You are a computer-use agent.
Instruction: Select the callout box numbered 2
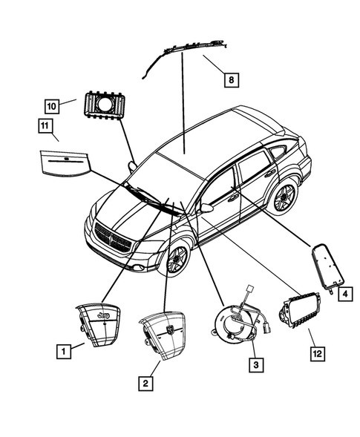coord(145,383)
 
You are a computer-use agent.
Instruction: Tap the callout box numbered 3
coord(255,364)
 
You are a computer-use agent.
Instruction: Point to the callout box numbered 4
coord(344,295)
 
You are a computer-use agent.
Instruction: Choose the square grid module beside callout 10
coord(104,105)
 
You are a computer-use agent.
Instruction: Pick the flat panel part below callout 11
coord(65,165)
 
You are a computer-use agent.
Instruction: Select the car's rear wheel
coord(282,198)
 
